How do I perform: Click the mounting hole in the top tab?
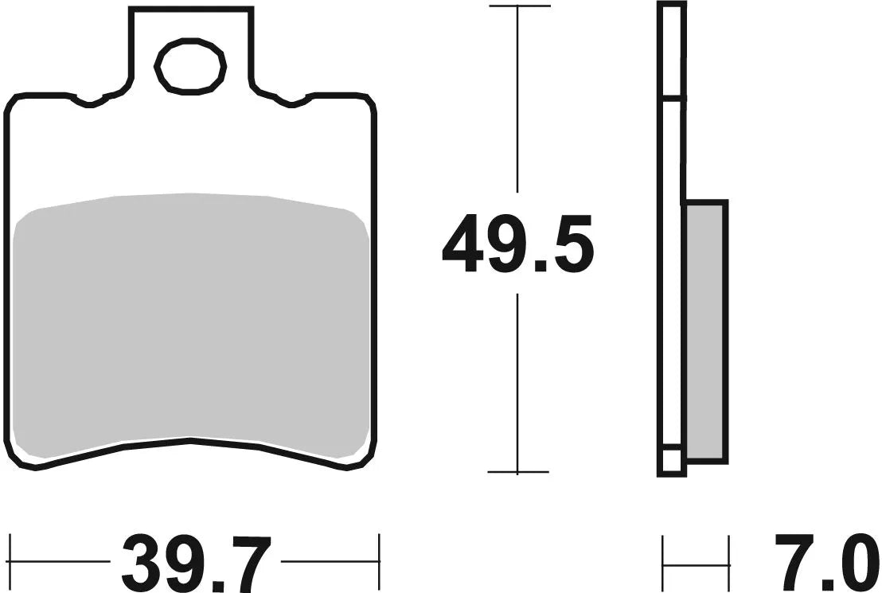(191, 66)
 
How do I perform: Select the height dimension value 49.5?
(517, 244)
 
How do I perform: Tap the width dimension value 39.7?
(196, 562)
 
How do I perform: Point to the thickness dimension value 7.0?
(825, 562)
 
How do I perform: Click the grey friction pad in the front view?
(191, 318)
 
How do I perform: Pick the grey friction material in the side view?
(705, 330)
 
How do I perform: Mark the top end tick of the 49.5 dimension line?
(518, 6)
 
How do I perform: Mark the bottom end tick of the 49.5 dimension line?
(518, 472)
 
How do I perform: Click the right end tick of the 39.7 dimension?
(380, 561)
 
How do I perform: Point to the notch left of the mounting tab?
(90, 102)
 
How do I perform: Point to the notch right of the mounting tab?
(291, 102)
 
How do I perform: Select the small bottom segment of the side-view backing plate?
(671, 461)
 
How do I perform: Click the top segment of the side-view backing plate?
(671, 52)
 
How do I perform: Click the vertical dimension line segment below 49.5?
(518, 382)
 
